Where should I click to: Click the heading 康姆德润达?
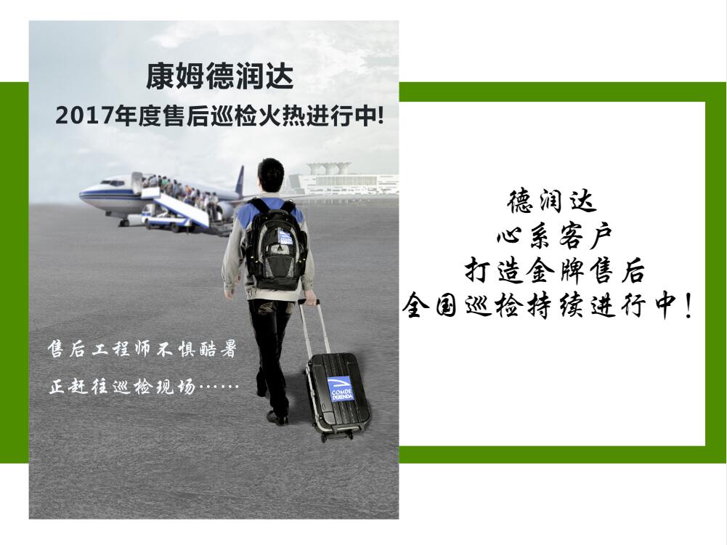[x=220, y=76]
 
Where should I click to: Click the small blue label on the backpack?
[x=285, y=236]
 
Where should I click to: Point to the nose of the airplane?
[x=82, y=194]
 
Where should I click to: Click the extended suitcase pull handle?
[x=314, y=328]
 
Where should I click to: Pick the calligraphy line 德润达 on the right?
[x=552, y=201]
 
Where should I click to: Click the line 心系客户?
[x=553, y=236]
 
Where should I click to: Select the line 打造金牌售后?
[x=555, y=270]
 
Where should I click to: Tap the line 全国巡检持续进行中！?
[x=548, y=305]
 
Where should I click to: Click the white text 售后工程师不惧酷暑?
[x=142, y=350]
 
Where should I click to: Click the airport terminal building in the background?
[x=343, y=179]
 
